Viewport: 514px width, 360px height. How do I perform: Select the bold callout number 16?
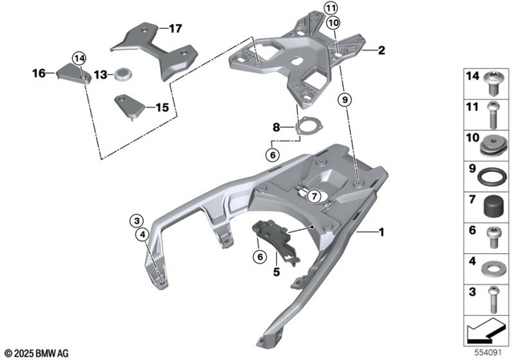(x=39, y=74)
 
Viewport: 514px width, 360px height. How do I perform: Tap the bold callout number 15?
(x=161, y=107)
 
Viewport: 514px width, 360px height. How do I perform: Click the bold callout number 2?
(x=381, y=51)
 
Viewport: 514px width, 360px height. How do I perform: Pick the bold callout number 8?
(x=276, y=127)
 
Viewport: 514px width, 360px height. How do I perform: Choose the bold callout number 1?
(x=382, y=233)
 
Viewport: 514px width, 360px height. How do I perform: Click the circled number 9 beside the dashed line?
(x=344, y=100)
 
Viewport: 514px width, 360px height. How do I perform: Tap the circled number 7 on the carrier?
(x=315, y=194)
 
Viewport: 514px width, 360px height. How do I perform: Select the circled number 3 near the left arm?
(x=137, y=220)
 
